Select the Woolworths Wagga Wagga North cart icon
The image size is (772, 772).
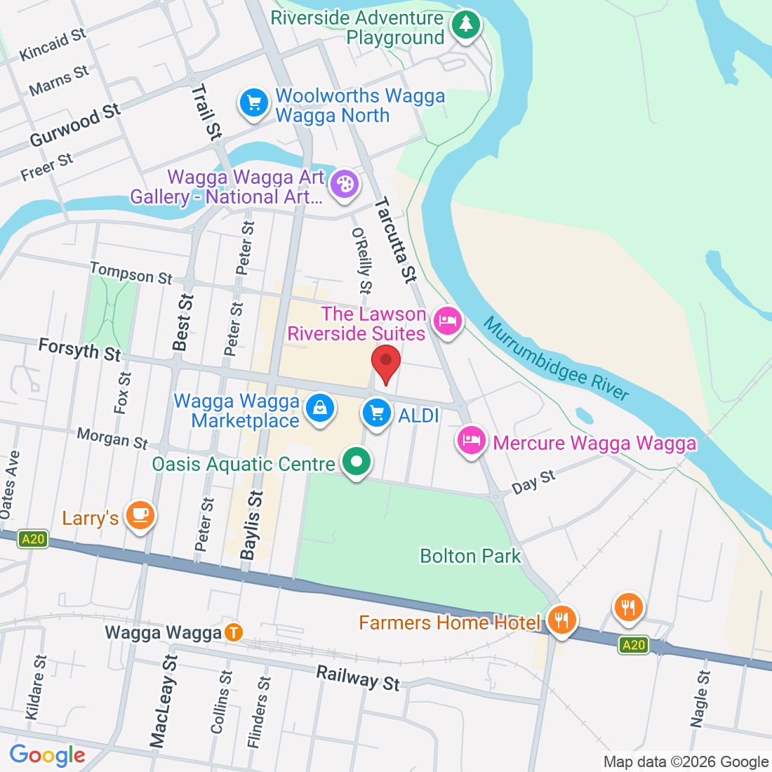253,103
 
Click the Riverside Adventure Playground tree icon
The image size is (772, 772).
465,25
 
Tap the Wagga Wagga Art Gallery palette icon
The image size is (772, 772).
345,185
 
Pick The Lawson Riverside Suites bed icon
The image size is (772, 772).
447,321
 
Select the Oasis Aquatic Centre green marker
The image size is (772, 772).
357,462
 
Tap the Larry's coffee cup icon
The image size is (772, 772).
140,515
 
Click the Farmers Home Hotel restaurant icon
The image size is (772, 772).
561,620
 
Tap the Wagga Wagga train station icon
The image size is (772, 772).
234,632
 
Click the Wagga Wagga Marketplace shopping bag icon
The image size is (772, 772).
320,408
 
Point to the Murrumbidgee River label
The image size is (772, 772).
557,359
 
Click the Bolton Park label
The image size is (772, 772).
470,556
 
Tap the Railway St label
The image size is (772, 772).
358,678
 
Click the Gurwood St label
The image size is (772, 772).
74,125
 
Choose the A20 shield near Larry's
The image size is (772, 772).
33,539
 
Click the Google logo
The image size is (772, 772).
47,755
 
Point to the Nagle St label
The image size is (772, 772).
700,698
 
